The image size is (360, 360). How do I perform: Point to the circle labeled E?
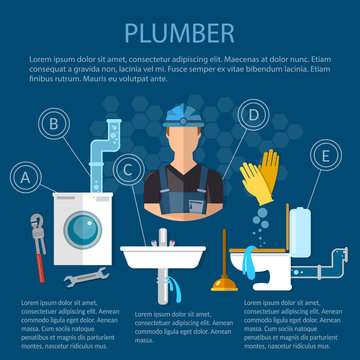pyautogui.click(x=323, y=156)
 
